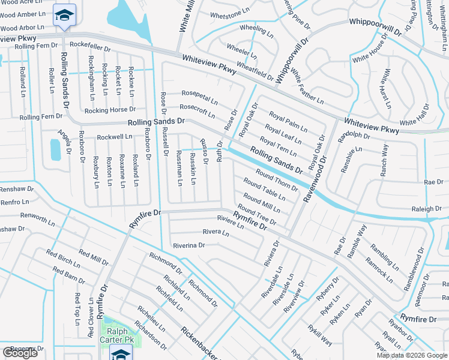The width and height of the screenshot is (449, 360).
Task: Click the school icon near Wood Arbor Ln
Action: tap(64, 14)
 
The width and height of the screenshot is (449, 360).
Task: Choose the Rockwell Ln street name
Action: tap(115, 137)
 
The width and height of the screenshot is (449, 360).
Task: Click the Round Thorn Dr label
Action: tap(277, 179)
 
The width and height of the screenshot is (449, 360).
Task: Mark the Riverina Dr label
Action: tap(188, 245)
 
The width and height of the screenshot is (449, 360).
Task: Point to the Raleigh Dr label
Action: tap(426, 209)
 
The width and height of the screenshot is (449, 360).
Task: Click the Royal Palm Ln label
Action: tap(288, 122)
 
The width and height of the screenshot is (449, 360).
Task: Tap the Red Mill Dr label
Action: tap(93, 259)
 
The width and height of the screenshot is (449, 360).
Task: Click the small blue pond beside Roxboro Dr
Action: tap(55, 149)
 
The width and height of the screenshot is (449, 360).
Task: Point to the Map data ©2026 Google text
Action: tap(411, 355)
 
